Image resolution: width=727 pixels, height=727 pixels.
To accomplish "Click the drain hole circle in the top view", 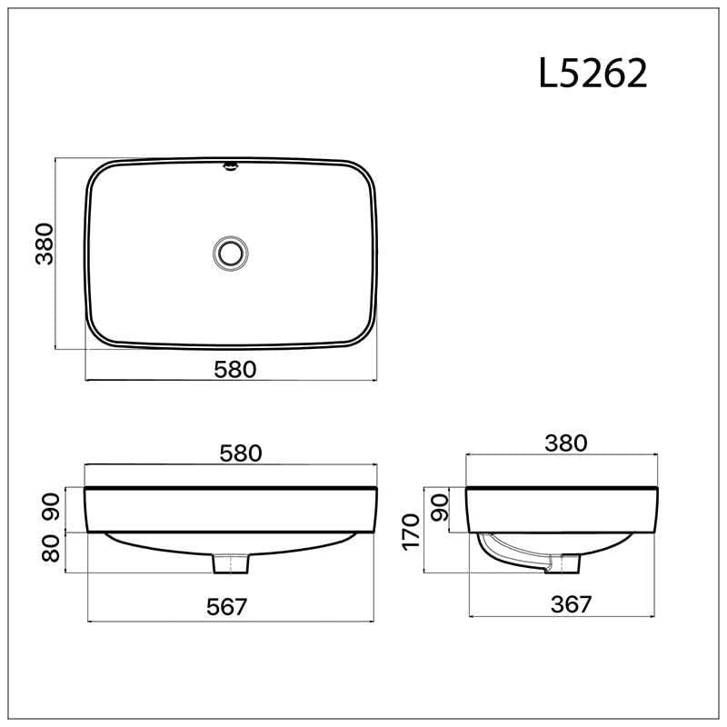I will (x=231, y=252).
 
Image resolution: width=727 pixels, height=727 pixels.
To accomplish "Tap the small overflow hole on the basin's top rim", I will (x=231, y=166).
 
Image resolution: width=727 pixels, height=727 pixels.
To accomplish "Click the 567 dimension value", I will (x=225, y=606).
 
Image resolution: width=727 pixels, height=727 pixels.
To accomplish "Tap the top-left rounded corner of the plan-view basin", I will (x=96, y=175).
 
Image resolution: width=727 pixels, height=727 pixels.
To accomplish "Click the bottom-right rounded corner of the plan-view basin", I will (x=365, y=334).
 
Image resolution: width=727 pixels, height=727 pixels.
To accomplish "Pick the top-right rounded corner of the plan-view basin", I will (x=365, y=175).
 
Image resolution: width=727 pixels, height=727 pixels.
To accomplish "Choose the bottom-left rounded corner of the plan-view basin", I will (x=96, y=334).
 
